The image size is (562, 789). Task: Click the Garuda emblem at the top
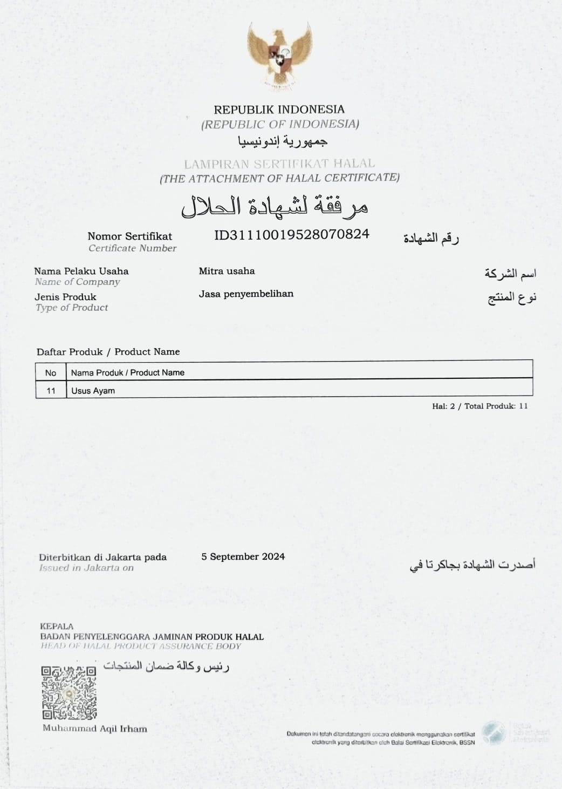coord(279,55)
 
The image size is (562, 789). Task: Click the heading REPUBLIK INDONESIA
coord(279,110)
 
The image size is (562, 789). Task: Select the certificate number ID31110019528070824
coord(292,234)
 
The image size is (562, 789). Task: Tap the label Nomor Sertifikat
coord(129,236)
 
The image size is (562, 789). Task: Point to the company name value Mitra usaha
coord(227,271)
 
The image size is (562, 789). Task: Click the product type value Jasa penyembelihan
coord(246,294)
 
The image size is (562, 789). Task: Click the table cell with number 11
coord(51,391)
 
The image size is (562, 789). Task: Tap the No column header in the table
coord(51,372)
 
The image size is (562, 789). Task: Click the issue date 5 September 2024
coord(243,556)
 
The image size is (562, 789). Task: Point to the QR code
coord(69,693)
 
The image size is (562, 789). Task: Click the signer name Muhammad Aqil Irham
coord(95,729)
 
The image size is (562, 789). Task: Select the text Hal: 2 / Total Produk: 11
coord(479,406)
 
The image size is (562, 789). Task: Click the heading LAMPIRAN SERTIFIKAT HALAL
coord(279,164)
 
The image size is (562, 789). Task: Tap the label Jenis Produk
coord(65,297)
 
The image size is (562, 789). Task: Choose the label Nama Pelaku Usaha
coord(81,271)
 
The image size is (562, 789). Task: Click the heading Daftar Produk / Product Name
coord(108,352)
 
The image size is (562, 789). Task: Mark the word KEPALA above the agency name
coord(57,627)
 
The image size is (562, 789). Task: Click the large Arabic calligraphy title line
coord(274,207)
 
